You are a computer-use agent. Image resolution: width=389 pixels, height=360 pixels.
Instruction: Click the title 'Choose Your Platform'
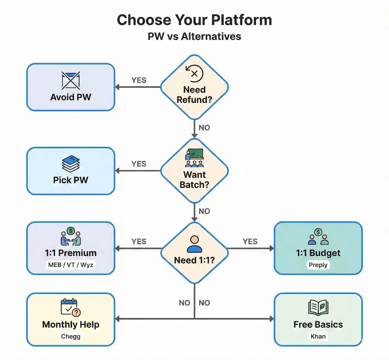(194, 20)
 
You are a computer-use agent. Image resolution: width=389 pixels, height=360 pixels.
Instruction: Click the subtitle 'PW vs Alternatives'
(194, 36)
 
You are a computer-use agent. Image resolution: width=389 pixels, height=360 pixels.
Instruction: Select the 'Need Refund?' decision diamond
(194, 87)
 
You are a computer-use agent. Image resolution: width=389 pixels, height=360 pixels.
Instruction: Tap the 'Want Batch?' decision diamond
(194, 171)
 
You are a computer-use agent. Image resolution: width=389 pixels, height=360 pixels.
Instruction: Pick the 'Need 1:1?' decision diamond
(194, 253)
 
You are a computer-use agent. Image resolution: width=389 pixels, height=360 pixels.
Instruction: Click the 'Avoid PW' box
(71, 87)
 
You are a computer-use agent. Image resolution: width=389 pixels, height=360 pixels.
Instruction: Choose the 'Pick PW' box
(71, 171)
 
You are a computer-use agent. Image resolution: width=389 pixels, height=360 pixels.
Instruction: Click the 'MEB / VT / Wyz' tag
(71, 265)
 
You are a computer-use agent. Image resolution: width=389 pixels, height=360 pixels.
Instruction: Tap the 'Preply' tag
(318, 265)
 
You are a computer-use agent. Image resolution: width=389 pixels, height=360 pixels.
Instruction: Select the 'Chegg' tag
(71, 336)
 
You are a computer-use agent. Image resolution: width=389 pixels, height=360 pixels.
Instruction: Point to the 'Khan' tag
(318, 336)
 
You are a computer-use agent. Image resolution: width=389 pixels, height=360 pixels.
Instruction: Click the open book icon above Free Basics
(318, 307)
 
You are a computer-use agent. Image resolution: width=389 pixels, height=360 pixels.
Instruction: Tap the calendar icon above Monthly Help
(70, 307)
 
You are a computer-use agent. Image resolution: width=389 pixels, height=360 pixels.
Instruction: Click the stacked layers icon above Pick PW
(71, 163)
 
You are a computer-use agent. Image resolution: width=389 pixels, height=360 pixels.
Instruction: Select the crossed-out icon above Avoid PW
(71, 80)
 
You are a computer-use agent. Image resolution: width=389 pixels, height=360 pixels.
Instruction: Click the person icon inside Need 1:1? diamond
(194, 244)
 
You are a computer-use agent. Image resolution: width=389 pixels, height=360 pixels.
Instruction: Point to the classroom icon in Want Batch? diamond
(194, 158)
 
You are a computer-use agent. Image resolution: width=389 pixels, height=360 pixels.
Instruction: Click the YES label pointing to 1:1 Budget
(250, 242)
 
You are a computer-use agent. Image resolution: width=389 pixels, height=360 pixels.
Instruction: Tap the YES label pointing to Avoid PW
(139, 80)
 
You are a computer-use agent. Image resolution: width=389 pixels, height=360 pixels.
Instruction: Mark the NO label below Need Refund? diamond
(204, 128)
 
